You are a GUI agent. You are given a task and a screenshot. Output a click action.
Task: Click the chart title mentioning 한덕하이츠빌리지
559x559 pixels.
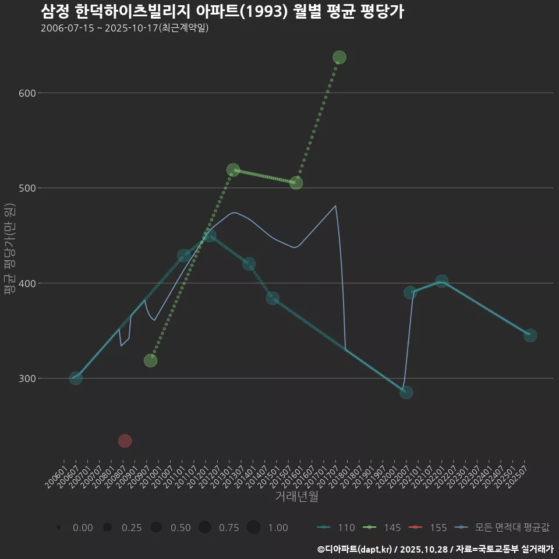tap(222, 12)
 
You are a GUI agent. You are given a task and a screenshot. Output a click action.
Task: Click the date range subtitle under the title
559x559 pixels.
tap(125, 28)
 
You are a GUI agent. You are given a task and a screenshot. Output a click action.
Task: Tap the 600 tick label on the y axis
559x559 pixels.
tap(25, 93)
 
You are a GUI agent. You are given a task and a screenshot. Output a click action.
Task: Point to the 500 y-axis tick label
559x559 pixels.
tap(25, 188)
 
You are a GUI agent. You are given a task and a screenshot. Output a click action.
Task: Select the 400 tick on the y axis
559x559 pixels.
tap(25, 284)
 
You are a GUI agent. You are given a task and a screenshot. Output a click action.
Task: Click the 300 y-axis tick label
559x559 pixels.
tap(25, 378)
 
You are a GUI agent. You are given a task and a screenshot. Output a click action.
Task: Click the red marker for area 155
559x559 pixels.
tap(125, 441)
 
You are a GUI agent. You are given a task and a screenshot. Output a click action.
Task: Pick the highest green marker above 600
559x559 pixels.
tap(339, 57)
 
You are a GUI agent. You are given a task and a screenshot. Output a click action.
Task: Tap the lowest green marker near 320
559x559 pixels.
tap(150, 360)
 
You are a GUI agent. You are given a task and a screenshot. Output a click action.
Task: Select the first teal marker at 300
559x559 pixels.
tap(76, 378)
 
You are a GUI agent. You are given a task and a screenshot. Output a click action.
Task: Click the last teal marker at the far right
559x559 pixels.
tap(530, 335)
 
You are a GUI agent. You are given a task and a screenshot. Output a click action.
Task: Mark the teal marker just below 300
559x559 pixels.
tap(406, 392)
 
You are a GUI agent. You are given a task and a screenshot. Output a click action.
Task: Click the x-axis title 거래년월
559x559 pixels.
tap(296, 497)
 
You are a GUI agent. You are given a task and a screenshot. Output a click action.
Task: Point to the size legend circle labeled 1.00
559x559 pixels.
tap(253, 528)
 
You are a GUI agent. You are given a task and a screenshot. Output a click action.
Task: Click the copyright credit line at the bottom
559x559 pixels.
tap(435, 549)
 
